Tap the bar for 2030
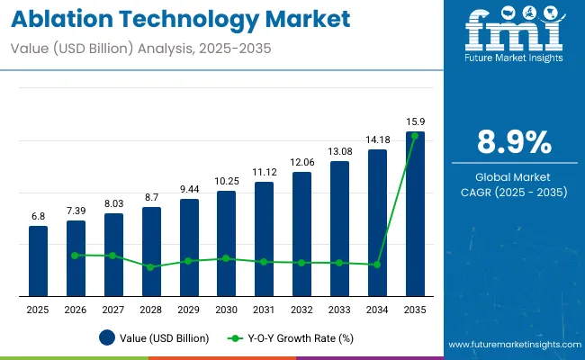pyautogui.click(x=226, y=243)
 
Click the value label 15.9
pyautogui.click(x=414, y=121)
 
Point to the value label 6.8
pyautogui.click(x=38, y=216)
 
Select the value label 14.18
pyautogui.click(x=377, y=139)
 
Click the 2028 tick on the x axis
pyautogui.click(x=151, y=310)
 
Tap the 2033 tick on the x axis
pyautogui.click(x=339, y=310)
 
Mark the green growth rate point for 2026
pyautogui.click(x=76, y=255)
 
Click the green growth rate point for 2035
pyautogui.click(x=414, y=136)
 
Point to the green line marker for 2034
pyautogui.click(x=377, y=265)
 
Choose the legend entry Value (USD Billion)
pyautogui.click(x=154, y=338)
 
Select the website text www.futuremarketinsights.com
pyautogui.click(x=512, y=345)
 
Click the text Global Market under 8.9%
pyautogui.click(x=512, y=176)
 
